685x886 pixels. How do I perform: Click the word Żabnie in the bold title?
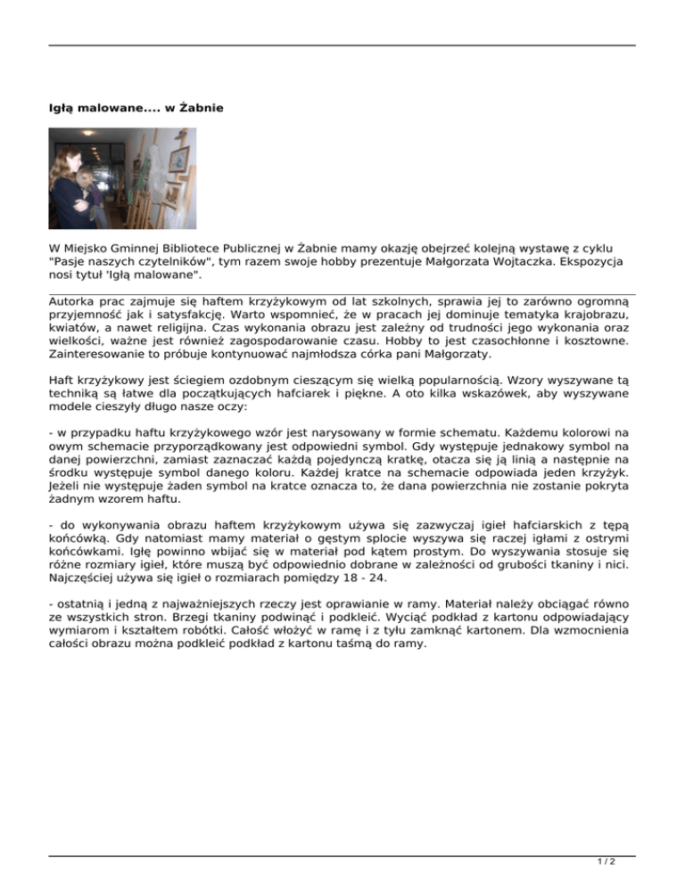(x=201, y=109)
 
